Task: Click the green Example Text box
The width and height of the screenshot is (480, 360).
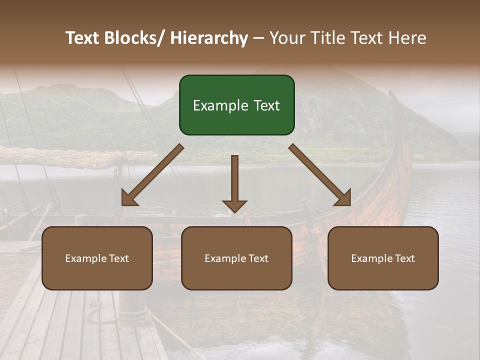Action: [236, 105]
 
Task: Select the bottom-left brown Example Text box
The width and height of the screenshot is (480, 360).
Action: [97, 258]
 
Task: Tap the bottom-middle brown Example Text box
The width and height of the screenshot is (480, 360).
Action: [236, 258]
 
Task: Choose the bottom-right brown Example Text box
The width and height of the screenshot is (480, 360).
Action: [383, 258]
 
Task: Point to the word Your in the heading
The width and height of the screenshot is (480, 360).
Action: [286, 38]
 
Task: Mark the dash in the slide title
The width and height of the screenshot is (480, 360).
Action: [258, 38]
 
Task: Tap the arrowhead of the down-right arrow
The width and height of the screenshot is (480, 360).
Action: [344, 199]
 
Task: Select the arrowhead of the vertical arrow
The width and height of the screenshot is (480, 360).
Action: [234, 206]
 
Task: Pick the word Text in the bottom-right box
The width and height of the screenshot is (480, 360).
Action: [404, 258]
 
